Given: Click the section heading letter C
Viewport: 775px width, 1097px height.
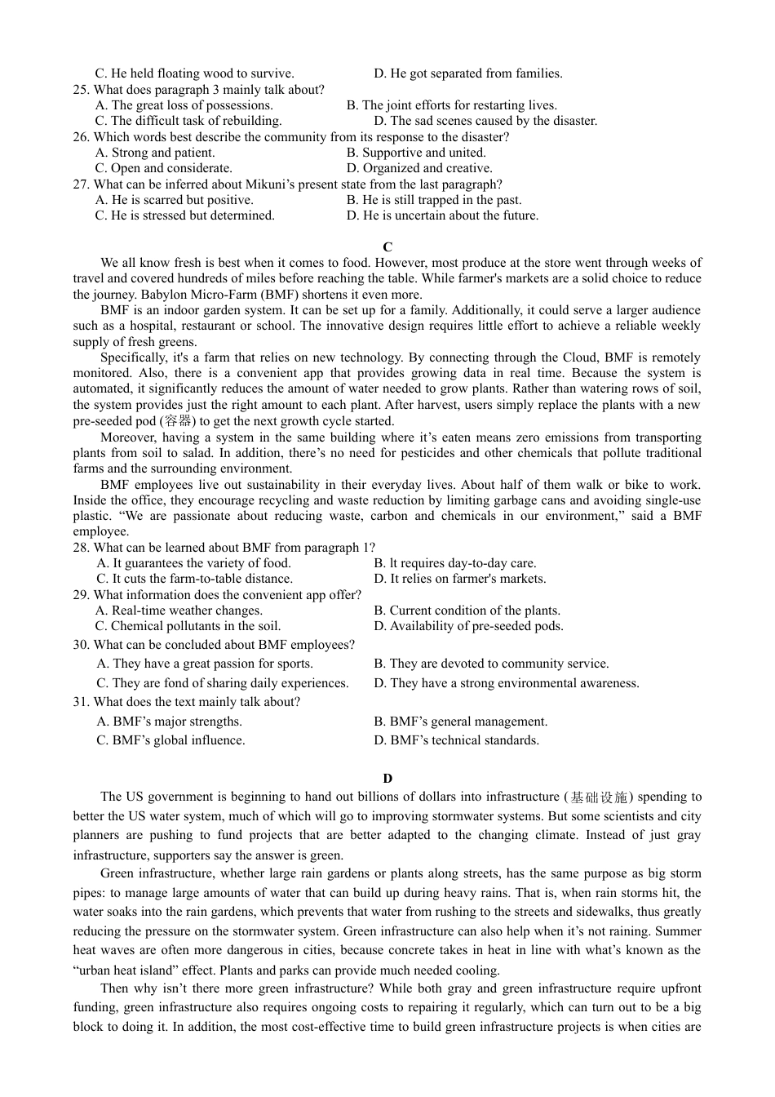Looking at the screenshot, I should pos(387,246).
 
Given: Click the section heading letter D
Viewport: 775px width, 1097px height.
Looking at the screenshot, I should pos(387,778).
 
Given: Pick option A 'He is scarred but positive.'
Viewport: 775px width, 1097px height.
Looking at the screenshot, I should pos(175,200).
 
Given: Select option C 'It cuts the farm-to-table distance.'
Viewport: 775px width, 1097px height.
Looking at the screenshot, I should pos(195,579).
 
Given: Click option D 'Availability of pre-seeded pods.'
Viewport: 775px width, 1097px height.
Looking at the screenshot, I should pos(468,626).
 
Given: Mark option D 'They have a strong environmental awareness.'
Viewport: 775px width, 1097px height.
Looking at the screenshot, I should pos(506,683).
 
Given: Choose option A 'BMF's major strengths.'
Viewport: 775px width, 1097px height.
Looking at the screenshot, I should pos(170,722).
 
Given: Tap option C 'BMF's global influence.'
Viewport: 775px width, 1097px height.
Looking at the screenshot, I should pos(170,740).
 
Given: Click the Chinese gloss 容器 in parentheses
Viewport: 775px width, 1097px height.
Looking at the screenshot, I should pos(179,421).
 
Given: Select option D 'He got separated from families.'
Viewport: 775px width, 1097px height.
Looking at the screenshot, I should pos(467,73).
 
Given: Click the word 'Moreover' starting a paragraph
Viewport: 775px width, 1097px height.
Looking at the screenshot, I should pos(127,437).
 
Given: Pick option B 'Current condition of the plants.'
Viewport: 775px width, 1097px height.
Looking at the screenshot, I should pos(467,611).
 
